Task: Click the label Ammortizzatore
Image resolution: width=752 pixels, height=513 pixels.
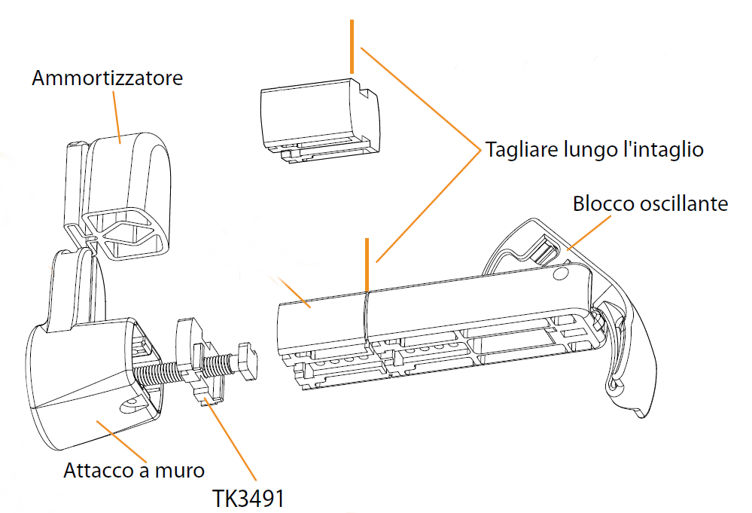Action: pyautogui.click(x=107, y=78)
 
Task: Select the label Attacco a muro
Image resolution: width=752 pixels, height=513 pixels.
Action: pyautogui.click(x=134, y=471)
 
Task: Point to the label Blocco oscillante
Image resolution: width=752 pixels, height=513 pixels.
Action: pyautogui.click(x=650, y=203)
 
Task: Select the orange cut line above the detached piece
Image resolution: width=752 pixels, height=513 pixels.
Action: pyautogui.click(x=350, y=47)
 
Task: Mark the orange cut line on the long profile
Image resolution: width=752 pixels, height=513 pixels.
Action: pyautogui.click(x=366, y=264)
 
